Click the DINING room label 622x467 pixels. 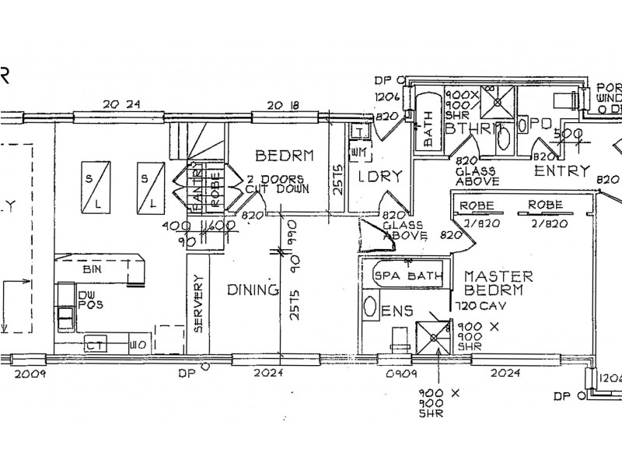coord(252,290)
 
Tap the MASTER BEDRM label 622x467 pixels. coord(498,283)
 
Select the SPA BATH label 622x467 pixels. coord(409,276)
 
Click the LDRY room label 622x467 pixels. coord(379,176)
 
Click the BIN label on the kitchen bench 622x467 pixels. coord(92,269)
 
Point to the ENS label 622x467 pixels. coord(396,312)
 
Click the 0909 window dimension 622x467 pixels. coord(393,374)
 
